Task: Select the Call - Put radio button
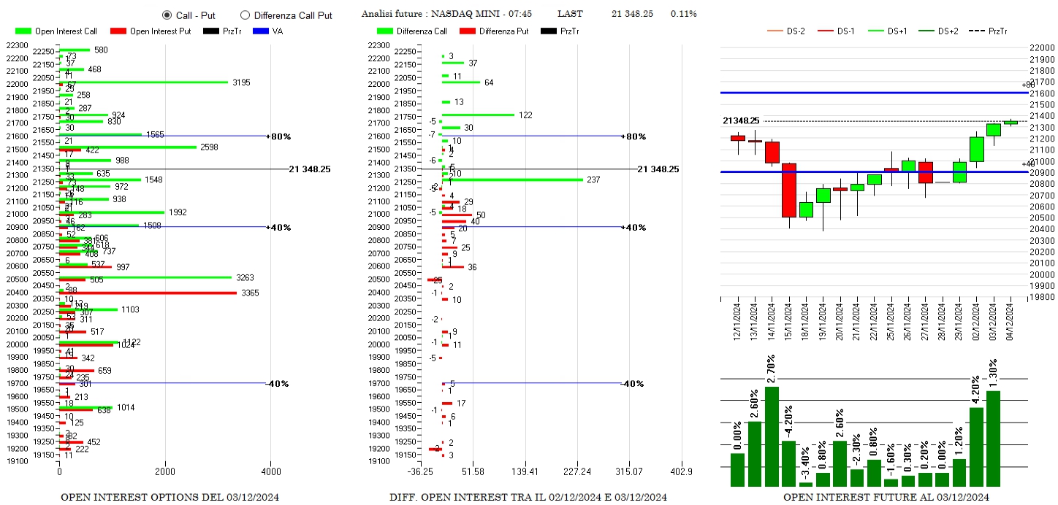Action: pyautogui.click(x=167, y=15)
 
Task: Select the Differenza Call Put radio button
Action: pyautogui.click(x=245, y=15)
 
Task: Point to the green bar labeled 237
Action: pyautogui.click(x=512, y=180)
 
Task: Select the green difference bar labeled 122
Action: pyautogui.click(x=478, y=115)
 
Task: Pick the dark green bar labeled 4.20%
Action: pyautogui.click(x=976, y=446)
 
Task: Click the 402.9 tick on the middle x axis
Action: pyautogui.click(x=681, y=472)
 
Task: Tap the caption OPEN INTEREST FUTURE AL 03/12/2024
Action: pyautogui.click(x=886, y=498)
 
